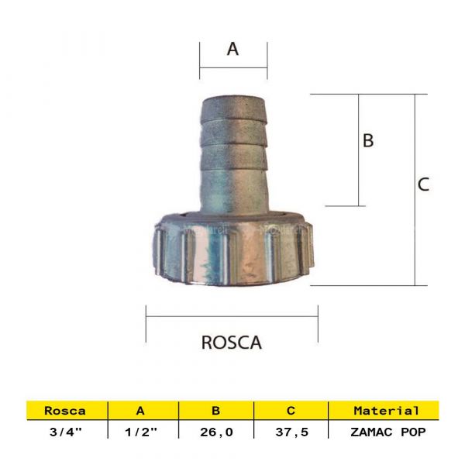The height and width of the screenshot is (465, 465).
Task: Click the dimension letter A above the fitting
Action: point(232,49)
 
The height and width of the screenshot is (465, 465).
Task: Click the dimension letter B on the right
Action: point(369,140)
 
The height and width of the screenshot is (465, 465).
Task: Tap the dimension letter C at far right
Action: point(423,184)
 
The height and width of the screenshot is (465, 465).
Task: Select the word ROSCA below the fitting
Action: point(232,343)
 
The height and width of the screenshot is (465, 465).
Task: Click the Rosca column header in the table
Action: point(65,411)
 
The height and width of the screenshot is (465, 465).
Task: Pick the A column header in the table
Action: point(140,411)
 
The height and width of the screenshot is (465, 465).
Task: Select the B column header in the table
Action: point(216,411)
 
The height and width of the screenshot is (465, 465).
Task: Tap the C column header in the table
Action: point(291,411)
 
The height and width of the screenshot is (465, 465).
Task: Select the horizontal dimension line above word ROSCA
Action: point(232,315)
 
